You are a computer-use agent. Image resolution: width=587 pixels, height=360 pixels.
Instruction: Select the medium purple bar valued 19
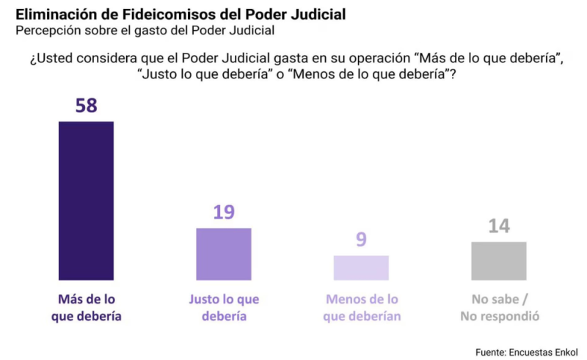tap(223, 254)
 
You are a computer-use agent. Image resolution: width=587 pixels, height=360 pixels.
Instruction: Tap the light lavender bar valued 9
tap(361, 268)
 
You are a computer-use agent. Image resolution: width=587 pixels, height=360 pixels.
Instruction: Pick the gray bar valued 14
tap(499, 260)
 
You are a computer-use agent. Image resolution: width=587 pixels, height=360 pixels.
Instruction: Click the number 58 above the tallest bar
tap(86, 106)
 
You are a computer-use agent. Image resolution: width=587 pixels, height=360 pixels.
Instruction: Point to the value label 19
tap(223, 213)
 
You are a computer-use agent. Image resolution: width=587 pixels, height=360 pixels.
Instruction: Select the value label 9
tap(361, 240)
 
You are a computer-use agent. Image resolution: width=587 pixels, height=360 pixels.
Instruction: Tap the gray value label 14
tap(499, 226)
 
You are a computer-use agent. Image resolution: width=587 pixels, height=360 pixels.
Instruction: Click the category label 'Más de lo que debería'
tap(87, 308)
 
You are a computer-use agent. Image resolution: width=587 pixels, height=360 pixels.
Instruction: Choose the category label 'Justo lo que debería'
tap(224, 308)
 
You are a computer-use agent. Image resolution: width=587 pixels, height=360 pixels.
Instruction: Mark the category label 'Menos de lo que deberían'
tap(362, 308)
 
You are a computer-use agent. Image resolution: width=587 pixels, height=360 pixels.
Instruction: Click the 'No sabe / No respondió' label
tap(500, 308)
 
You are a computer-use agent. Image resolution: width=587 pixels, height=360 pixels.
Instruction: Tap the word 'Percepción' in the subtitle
tap(48, 31)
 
